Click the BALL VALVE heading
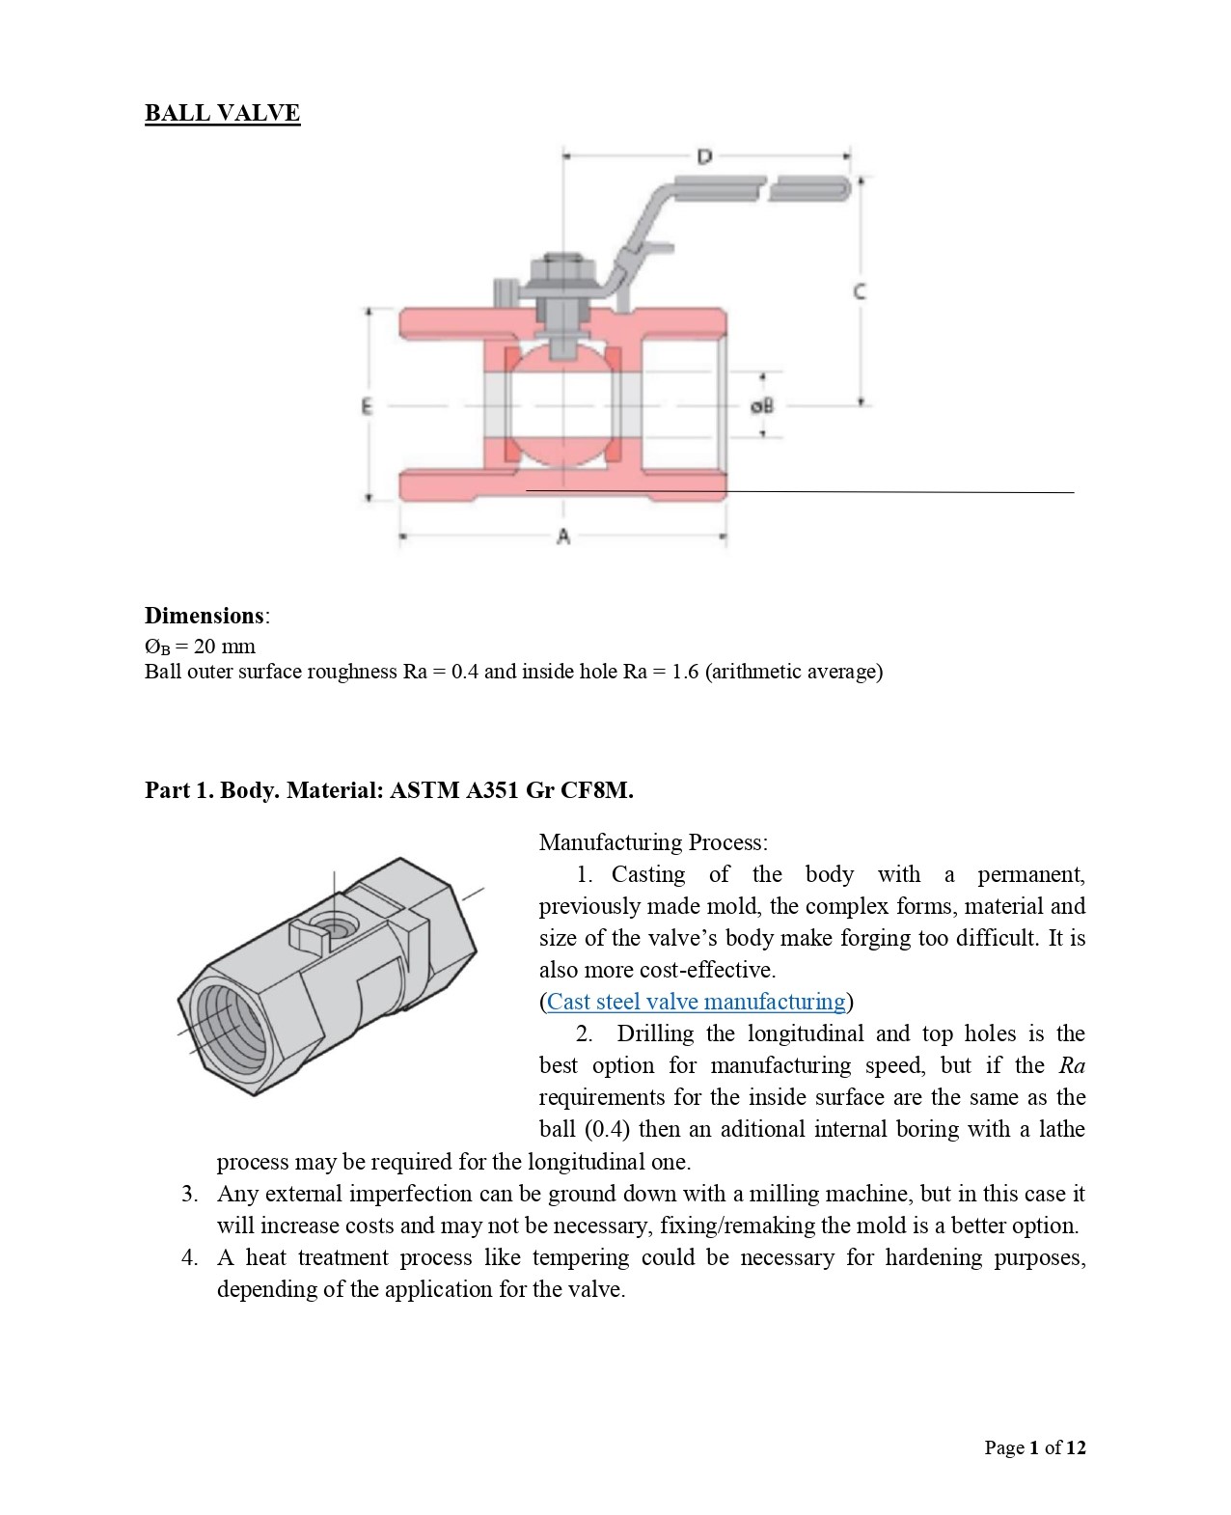tap(223, 113)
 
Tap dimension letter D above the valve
tap(704, 156)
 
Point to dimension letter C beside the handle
tap(860, 291)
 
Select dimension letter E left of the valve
tap(367, 406)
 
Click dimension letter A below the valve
tap(563, 536)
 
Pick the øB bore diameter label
tap(762, 406)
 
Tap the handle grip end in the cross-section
tap(809, 188)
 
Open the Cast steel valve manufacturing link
tap(697, 1001)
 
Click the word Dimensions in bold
tap(205, 616)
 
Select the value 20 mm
tap(224, 646)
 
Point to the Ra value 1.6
tap(685, 672)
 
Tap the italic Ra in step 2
tap(1072, 1064)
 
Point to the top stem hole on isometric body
tap(333, 925)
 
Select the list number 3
tap(189, 1193)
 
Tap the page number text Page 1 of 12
tap(1035, 1447)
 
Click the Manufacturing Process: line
tap(653, 842)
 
